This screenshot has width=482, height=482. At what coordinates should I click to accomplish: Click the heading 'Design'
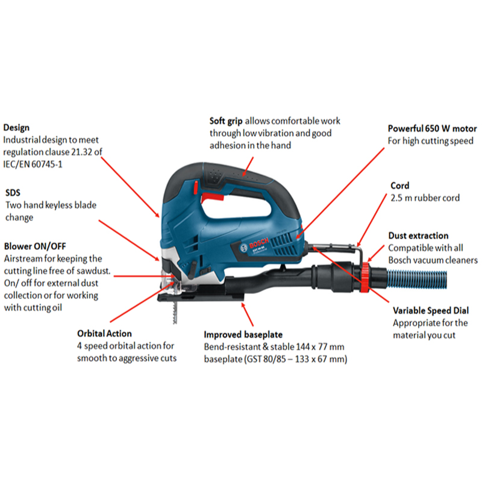(16, 128)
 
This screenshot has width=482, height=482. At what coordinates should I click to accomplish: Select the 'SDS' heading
(13, 193)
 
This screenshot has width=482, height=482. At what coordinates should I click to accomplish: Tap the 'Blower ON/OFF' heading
(35, 246)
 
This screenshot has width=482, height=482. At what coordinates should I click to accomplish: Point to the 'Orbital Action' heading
(104, 334)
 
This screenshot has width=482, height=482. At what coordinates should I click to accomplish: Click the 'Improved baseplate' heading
(243, 334)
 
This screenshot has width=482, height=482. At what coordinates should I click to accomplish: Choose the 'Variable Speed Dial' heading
(431, 311)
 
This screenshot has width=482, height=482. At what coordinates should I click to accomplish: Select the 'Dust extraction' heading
(418, 236)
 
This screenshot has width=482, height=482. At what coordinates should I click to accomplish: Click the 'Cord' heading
(400, 186)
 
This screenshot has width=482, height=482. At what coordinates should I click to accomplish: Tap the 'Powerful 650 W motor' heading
(432, 128)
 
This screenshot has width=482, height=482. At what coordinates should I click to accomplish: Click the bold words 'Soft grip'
(226, 121)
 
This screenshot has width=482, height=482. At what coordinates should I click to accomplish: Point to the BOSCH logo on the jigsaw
(258, 242)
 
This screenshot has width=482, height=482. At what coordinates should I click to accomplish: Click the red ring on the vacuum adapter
(365, 277)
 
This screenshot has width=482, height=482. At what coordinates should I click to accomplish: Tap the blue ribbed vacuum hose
(416, 279)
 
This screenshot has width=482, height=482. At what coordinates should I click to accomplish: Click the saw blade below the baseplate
(175, 312)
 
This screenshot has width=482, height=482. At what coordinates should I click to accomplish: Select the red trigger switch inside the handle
(213, 197)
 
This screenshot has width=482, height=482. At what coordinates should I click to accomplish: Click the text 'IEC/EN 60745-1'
(33, 164)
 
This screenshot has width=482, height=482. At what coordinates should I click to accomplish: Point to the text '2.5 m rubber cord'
(425, 198)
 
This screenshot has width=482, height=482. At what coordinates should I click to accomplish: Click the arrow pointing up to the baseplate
(247, 314)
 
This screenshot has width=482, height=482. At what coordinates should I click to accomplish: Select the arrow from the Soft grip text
(248, 167)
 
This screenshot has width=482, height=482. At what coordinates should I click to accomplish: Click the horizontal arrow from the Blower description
(145, 276)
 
